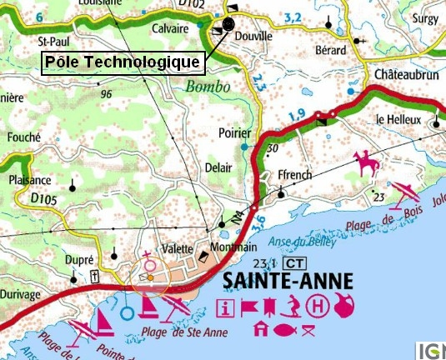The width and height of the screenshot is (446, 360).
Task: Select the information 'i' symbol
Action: point(224,307)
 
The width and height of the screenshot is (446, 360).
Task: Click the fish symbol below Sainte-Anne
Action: point(284,329)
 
